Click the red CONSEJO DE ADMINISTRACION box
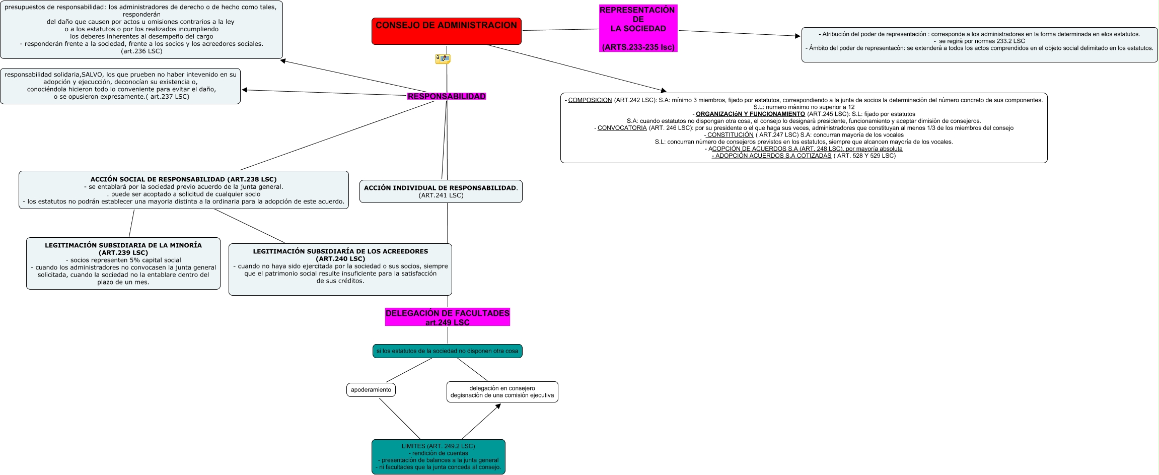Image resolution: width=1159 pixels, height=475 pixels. click(446, 31)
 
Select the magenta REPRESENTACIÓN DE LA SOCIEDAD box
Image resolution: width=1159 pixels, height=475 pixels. click(638, 28)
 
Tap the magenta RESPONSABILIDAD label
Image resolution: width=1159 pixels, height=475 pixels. click(447, 96)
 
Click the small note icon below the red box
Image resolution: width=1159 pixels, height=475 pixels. click(443, 59)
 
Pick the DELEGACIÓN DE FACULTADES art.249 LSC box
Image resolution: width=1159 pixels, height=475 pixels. click(447, 317)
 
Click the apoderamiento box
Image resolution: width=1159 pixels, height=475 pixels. click(371, 390)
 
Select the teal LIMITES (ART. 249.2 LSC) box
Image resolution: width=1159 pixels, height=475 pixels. click(438, 457)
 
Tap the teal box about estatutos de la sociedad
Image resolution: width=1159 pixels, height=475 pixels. click(447, 351)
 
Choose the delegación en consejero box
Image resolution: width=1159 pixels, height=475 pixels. click(502, 392)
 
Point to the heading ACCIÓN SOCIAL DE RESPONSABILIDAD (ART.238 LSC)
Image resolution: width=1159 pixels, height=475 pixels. click(183, 179)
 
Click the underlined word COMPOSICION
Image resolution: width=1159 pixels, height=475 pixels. click(590, 100)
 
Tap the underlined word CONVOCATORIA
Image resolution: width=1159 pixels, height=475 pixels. click(622, 128)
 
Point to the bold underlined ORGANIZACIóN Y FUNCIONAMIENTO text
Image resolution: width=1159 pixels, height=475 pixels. click(750, 114)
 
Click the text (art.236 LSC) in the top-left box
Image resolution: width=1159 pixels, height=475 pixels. click(141, 51)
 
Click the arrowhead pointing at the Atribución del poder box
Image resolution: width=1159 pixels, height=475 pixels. click(798, 36)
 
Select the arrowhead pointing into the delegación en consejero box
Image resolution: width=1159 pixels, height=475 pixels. click(498, 406)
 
